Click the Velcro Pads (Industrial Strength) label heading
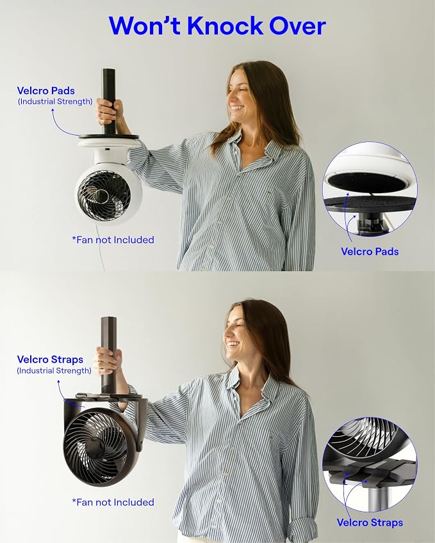pos(46,91)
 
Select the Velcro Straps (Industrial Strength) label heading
pos(50,359)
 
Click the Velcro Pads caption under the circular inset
pos(370,251)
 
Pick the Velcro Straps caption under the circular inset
pos(370,523)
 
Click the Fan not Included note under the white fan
pos(113,240)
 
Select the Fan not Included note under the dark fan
pos(113,502)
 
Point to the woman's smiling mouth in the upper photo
pos(237,107)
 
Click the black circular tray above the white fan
pos(108,137)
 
